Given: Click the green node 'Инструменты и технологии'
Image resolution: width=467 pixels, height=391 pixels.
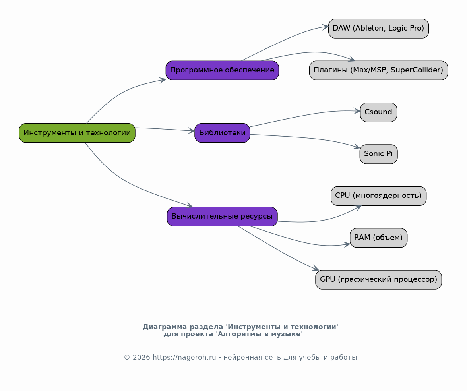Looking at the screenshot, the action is (77, 133).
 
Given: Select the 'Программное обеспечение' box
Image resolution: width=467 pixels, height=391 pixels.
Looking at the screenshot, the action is (222, 70).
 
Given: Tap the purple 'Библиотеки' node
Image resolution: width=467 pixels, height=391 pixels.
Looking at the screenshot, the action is (222, 133).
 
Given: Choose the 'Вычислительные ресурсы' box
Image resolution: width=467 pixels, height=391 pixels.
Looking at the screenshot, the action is (222, 217).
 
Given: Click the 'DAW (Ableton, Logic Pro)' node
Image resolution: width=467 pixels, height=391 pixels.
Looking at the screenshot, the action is (378, 29).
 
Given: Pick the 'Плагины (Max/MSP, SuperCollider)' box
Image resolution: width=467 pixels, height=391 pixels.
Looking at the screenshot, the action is (378, 70).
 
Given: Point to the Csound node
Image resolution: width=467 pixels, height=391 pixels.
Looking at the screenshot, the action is (378, 112).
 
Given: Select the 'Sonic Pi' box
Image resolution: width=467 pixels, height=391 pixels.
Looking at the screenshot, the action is (378, 154).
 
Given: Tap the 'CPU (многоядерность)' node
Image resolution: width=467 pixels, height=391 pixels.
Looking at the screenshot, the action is (378, 196).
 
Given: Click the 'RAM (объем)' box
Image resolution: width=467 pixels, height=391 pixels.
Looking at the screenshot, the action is (378, 238).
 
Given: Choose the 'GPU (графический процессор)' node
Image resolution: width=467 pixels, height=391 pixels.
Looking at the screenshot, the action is (378, 280).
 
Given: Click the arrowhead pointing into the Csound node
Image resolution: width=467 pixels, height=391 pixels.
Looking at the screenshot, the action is (357, 111).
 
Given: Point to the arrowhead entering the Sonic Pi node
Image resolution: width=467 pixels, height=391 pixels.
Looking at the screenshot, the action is (357, 147).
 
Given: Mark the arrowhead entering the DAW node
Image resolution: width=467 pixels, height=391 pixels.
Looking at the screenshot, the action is (325, 27).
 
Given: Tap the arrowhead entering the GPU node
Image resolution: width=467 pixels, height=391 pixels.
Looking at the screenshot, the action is (316, 268).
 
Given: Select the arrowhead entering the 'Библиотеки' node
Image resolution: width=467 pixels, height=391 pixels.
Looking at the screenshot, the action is (191, 131).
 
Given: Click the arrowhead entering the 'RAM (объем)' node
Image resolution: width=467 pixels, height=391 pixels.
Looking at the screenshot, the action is (347, 245).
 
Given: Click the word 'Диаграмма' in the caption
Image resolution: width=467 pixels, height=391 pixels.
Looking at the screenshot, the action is (165, 327).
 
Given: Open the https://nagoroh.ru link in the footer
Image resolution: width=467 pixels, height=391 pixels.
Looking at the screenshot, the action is (184, 357).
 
